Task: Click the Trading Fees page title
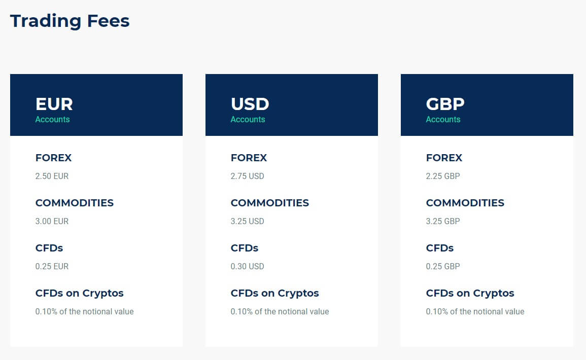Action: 70,21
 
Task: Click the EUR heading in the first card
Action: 54,104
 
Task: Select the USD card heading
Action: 250,104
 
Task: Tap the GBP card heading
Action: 445,104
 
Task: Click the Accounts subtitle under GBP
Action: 443,120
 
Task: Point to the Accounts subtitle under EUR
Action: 52,120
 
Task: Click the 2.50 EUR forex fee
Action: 52,176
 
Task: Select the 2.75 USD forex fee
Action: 248,176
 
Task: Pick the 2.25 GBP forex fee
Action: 443,176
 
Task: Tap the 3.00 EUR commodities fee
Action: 52,222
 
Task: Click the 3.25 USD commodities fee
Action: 248,222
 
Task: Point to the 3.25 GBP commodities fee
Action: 443,222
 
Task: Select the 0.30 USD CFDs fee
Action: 248,267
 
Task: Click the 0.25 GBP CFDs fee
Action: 443,267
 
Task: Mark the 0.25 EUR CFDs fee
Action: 52,267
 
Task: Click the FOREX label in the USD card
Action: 249,158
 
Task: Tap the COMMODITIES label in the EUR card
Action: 75,203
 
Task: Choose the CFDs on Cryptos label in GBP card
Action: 470,294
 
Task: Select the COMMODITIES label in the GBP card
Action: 465,203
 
